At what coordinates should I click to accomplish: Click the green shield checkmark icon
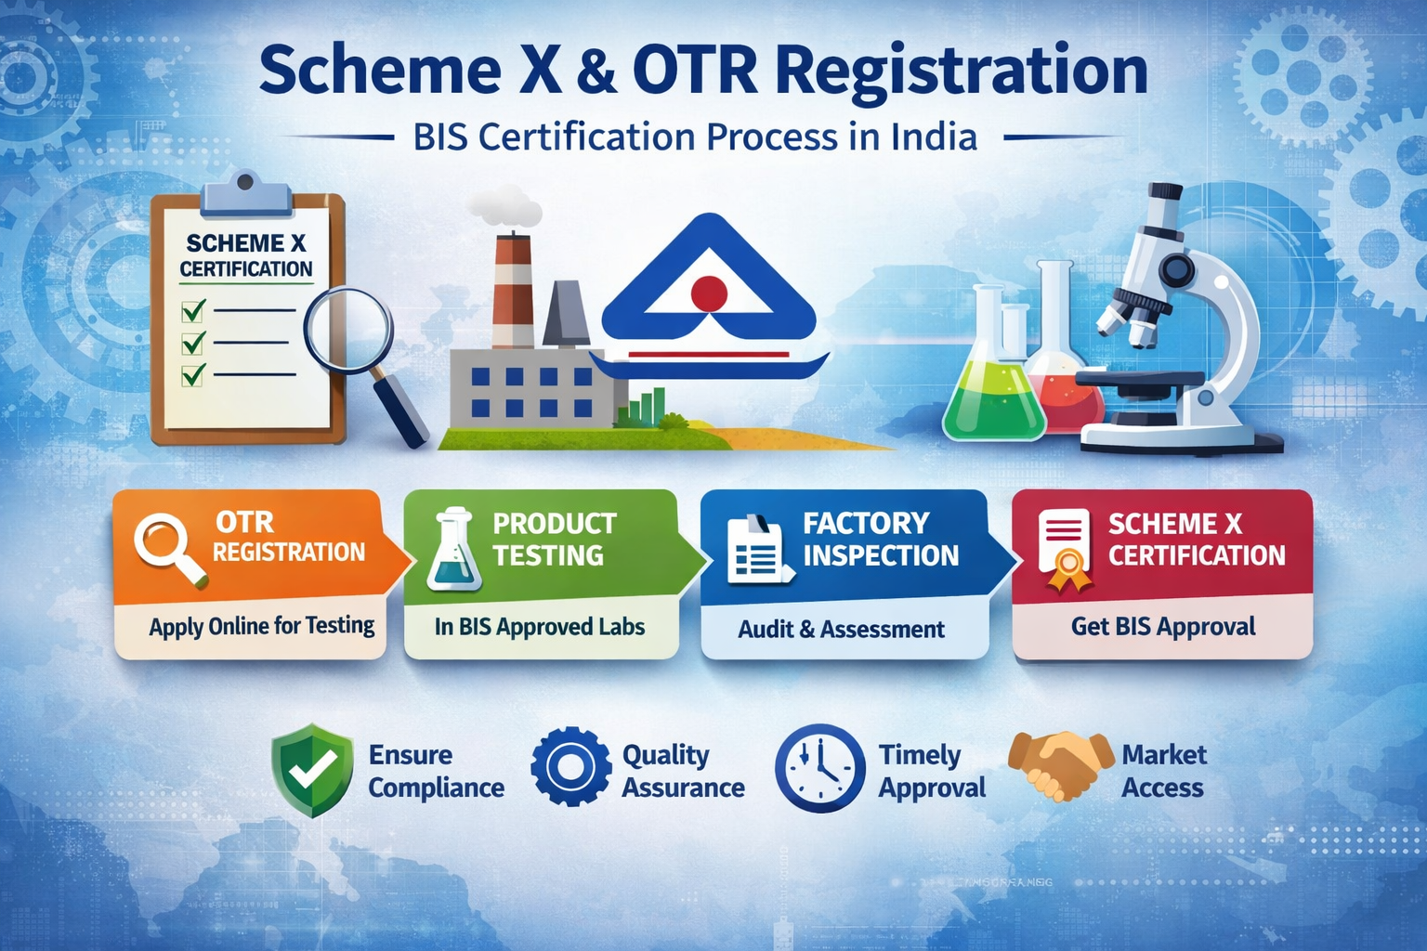pyautogui.click(x=312, y=770)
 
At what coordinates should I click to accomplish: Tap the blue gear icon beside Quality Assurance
pyautogui.click(x=570, y=767)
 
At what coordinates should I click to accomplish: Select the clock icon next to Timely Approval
pyautogui.click(x=819, y=768)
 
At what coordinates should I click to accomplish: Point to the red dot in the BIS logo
pyautogui.click(x=709, y=293)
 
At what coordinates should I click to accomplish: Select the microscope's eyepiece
pyautogui.click(x=1162, y=198)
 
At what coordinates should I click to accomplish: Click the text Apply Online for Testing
pyautogui.click(x=262, y=627)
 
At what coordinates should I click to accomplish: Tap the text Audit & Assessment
pyautogui.click(x=841, y=630)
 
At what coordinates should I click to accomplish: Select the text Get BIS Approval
pyautogui.click(x=1163, y=627)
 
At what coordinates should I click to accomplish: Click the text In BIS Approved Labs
pyautogui.click(x=540, y=627)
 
